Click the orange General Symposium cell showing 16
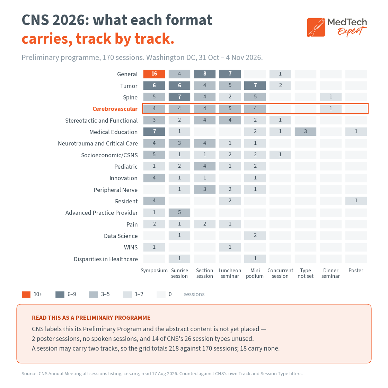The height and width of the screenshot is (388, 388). click(154, 74)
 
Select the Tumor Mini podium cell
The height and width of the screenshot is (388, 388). click(255, 86)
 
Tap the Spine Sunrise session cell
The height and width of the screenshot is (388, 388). click(179, 97)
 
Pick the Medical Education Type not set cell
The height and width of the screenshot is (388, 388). click(306, 132)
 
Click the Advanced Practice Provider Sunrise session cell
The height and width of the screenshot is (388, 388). click(179, 213)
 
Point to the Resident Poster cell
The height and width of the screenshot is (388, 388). click(356, 201)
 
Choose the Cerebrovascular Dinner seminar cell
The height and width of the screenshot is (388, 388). click(331, 109)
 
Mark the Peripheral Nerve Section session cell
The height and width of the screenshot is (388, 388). click(205, 189)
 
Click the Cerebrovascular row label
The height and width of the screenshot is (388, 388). click(115, 109)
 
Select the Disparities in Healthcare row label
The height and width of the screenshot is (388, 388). click(106, 259)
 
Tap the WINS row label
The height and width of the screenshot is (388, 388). click(131, 247)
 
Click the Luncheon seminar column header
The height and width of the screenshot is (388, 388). click(230, 273)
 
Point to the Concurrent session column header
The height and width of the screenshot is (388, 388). click(280, 273)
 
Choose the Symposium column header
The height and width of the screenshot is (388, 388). click(154, 271)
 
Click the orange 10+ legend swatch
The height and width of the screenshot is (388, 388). click(26, 294)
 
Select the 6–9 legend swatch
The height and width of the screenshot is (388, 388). click(60, 294)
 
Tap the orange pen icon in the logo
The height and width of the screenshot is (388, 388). click(316, 27)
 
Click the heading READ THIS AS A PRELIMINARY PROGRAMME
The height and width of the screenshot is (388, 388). click(91, 318)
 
